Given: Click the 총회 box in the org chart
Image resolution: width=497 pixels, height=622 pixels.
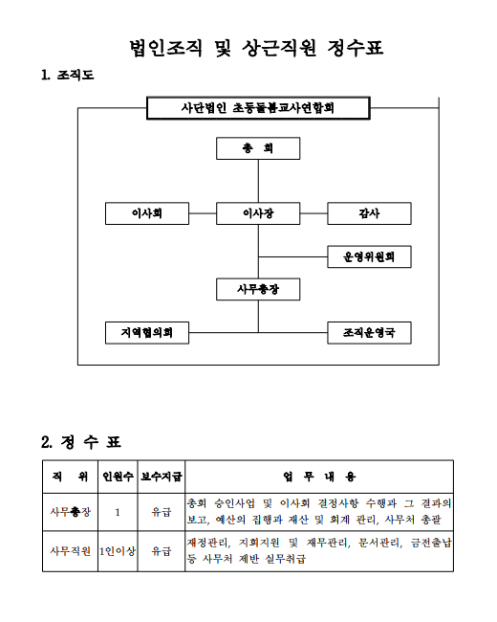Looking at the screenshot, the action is coord(258,148).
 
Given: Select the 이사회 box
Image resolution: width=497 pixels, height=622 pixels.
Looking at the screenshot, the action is coord(147,213).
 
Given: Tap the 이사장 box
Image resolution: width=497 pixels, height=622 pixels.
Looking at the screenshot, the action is coord(258,213).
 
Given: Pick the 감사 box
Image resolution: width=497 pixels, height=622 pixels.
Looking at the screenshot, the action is coord(369,213).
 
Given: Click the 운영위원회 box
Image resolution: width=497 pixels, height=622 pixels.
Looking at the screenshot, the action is coord(369,256).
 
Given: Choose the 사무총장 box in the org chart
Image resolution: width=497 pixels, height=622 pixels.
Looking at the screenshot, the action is coord(258,289).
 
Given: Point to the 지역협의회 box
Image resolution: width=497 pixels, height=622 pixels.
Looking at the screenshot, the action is coord(147,333).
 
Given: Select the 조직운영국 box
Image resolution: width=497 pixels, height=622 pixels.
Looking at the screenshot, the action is coord(369,333).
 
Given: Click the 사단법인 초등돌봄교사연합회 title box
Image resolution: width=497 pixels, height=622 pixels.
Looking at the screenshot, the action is coord(258,108).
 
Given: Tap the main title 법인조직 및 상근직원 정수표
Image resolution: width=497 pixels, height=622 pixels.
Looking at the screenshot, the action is coord(256,49).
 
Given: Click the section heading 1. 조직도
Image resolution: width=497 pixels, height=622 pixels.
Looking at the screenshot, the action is coord(67,75).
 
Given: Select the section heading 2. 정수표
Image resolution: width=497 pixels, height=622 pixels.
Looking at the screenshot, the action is coord(81,442).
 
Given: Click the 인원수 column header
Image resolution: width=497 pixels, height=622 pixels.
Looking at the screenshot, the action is coord(118,477).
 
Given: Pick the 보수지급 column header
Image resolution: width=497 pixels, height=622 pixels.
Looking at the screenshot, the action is coord(162,477).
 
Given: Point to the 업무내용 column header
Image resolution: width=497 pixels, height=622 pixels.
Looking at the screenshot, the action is coord(319,477).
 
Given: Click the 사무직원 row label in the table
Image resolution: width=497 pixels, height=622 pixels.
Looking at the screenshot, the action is coord(70,551).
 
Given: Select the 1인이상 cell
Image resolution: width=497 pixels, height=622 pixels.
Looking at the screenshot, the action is coord(118,551).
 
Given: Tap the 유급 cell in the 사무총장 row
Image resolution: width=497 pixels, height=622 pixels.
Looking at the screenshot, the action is coord(162,512).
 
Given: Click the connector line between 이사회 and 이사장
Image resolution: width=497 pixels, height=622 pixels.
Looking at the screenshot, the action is coord(203,213).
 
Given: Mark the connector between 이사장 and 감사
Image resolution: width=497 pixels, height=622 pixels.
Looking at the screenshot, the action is coord(313,213).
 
